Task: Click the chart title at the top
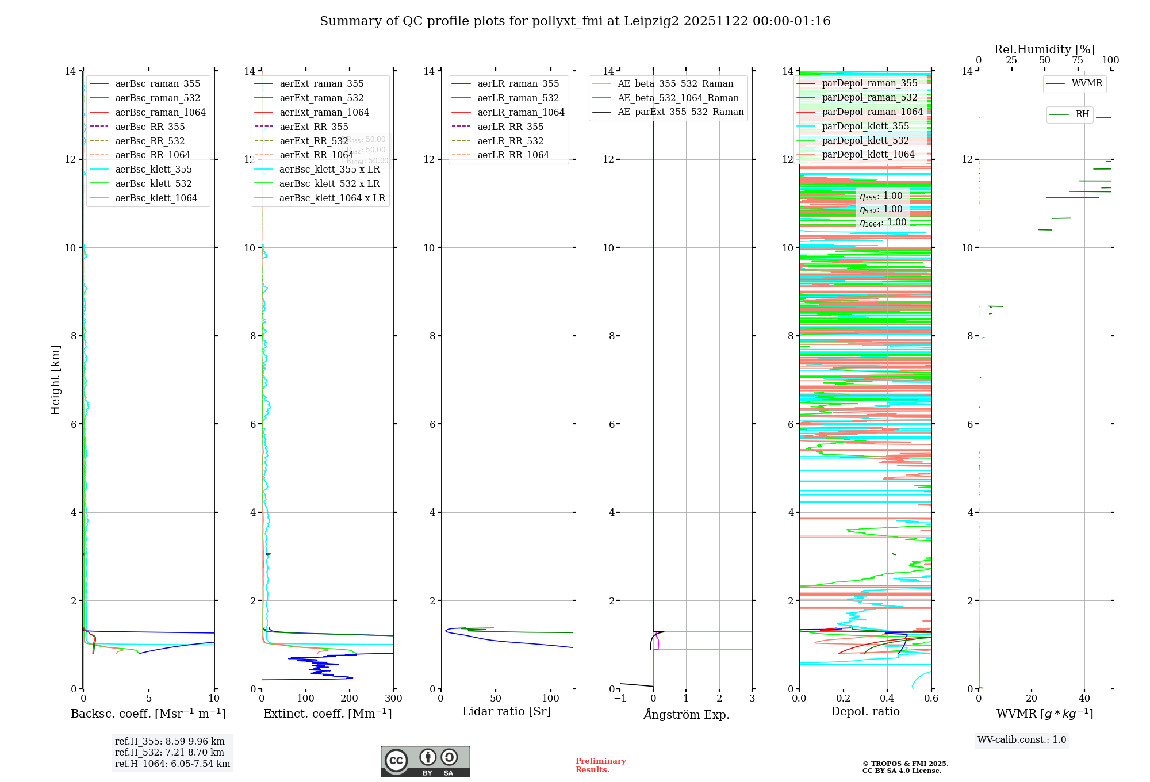coord(575,21)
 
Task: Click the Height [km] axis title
coord(55,379)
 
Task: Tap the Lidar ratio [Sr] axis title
coord(507,711)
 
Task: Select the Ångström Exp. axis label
coord(686,714)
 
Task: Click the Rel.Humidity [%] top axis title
coord(1044,49)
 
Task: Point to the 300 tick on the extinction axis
coord(394,699)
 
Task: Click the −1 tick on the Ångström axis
coord(620,699)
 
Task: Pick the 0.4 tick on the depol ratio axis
coord(887,699)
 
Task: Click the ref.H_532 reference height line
coord(170,752)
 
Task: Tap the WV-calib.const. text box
coord(1022,740)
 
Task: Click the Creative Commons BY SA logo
coord(425,762)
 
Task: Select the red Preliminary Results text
coord(600,765)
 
